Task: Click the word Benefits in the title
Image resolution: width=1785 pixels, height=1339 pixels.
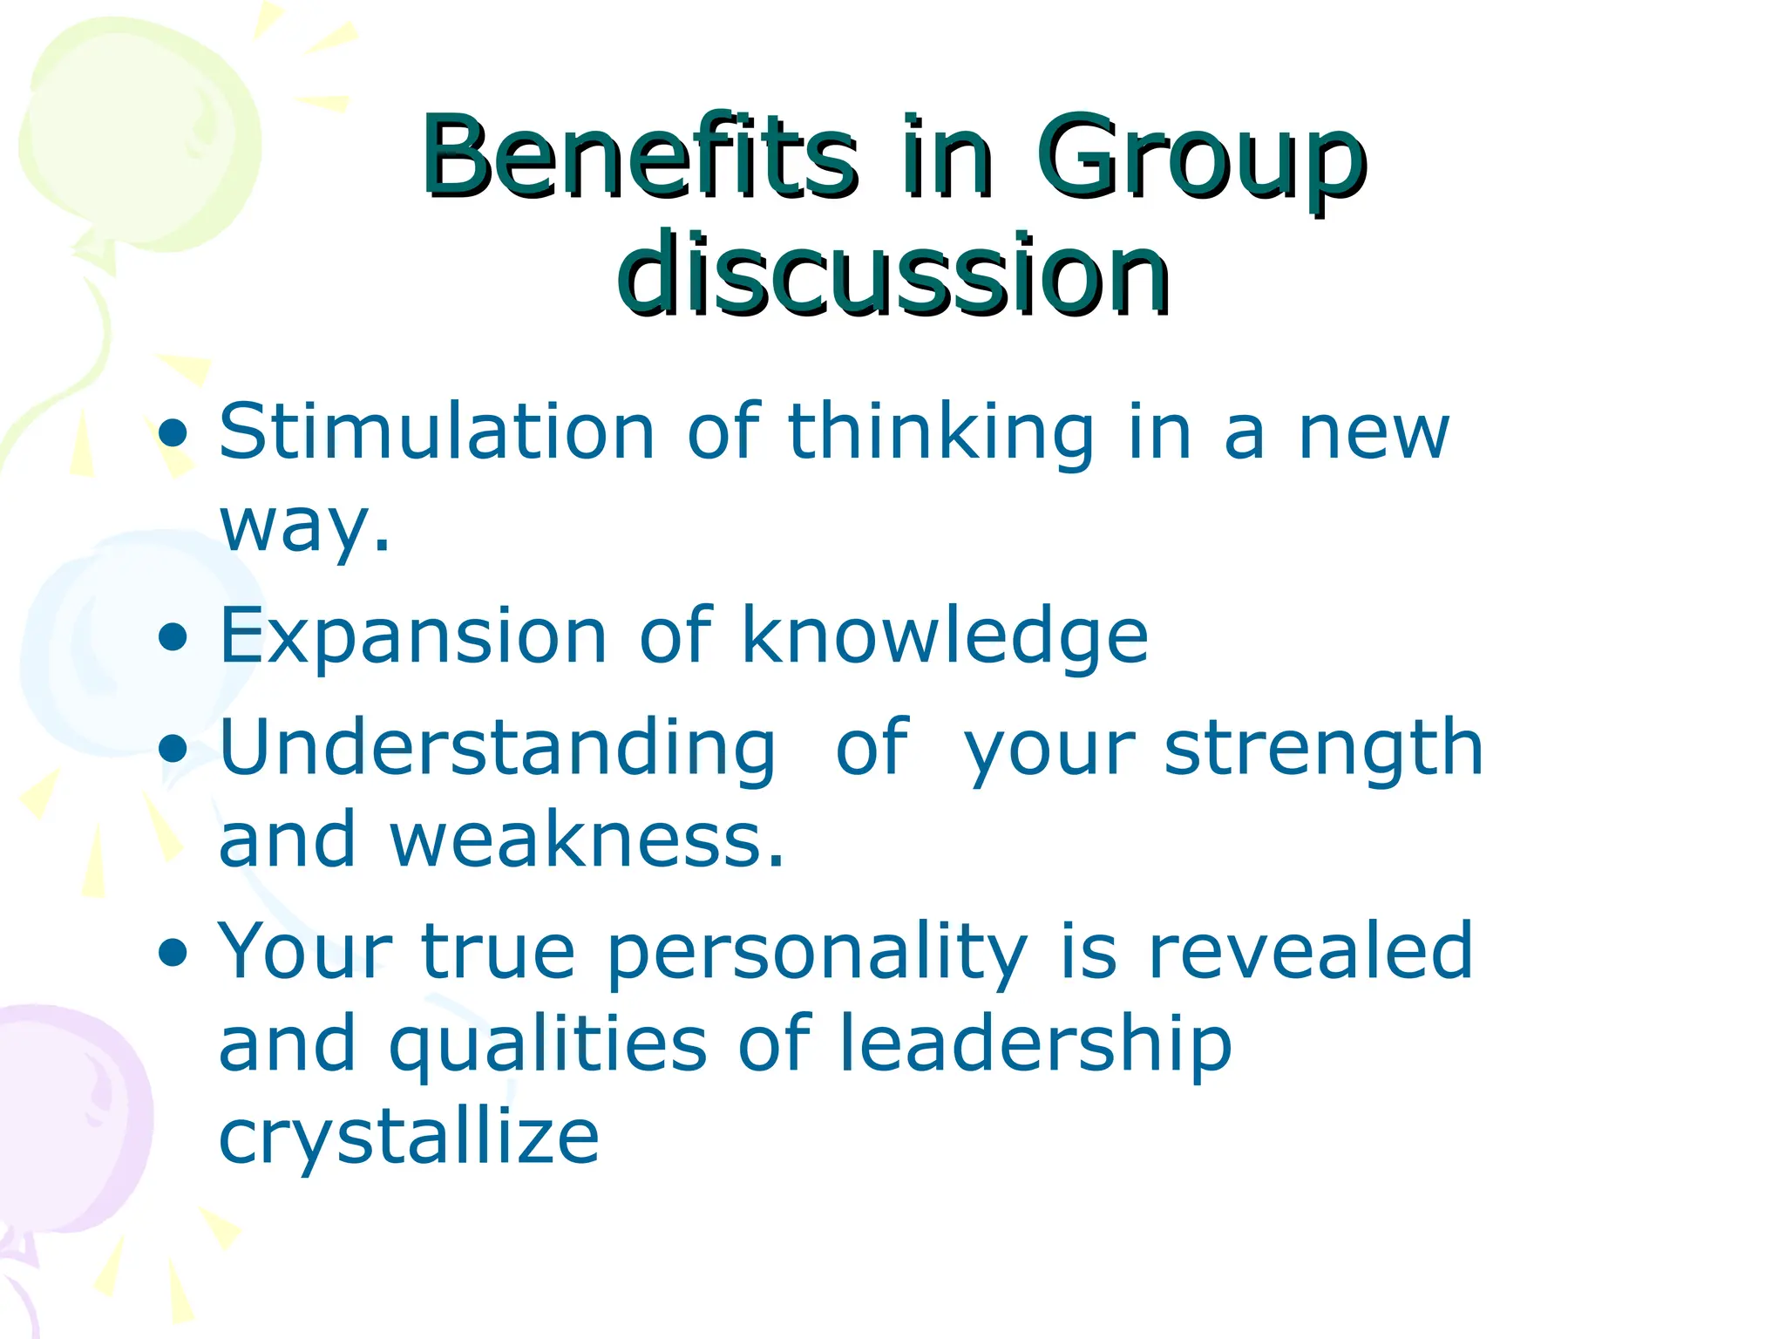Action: (639, 157)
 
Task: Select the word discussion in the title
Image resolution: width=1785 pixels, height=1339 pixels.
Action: (892, 275)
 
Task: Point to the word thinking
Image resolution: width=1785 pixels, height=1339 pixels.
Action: (940, 434)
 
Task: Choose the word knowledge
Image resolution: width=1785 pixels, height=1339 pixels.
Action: (945, 637)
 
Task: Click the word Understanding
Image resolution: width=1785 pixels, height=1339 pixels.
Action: (497, 750)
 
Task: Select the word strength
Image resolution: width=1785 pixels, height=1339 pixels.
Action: (1323, 750)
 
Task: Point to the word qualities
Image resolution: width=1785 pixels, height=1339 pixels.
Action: (547, 1046)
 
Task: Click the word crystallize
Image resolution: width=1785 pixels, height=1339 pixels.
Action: (409, 1138)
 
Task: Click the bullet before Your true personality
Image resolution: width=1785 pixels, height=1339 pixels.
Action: (173, 953)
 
